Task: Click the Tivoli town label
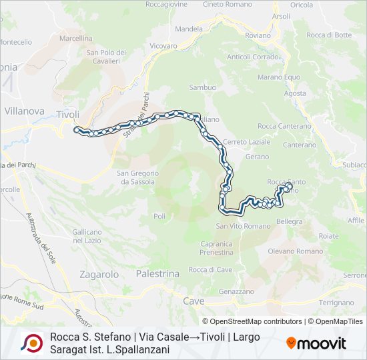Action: pos(68,114)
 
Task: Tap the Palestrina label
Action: pos(157,274)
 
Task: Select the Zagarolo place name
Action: pos(99,274)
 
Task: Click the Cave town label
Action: pos(194,301)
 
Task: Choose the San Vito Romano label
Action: pos(243,226)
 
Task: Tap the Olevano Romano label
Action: pos(295,251)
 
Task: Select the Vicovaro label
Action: pos(163,46)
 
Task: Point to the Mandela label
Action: pos(188,29)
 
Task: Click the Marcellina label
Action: pos(75,38)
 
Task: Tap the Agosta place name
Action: pos(295,93)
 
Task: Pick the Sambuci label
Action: pos(203,87)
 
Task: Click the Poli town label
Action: pos(159,216)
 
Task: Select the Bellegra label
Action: pos(289,221)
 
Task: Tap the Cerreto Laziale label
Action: pos(247,142)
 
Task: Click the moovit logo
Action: pos(316,343)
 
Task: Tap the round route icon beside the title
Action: pos(32,343)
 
